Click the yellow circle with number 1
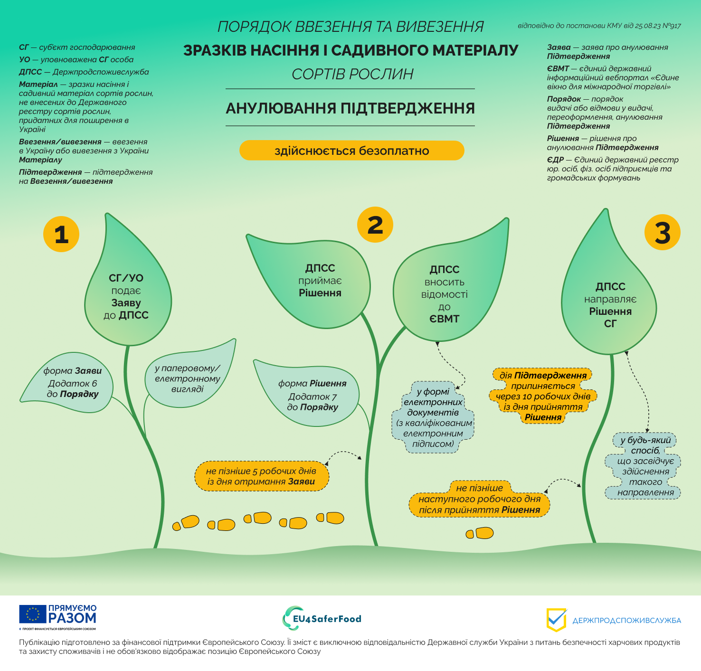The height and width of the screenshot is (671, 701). click(61, 234)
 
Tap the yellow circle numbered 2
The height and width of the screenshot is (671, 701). click(375, 225)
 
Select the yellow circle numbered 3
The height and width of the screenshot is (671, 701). click(662, 233)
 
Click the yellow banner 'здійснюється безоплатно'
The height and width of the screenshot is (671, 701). click(351, 151)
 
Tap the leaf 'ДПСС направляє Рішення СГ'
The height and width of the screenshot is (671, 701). click(610, 304)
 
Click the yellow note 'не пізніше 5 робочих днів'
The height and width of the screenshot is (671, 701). click(261, 476)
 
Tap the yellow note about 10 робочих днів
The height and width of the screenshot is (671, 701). click(543, 396)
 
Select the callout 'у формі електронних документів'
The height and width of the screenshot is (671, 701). click(433, 417)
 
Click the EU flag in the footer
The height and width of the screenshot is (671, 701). click(33, 614)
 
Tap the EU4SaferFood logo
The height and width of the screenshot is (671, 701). click(322, 618)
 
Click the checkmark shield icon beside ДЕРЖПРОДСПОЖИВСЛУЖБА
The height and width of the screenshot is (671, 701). click(556, 619)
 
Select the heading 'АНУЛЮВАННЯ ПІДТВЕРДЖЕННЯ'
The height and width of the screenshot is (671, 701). click(350, 108)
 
